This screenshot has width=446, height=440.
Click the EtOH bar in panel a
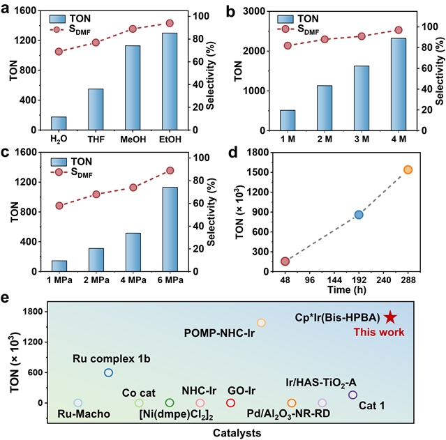pyautogui.click(x=170, y=82)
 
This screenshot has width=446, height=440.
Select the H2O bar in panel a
pyautogui.click(x=59, y=123)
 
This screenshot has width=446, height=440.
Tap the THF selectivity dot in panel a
pyautogui.click(x=96, y=43)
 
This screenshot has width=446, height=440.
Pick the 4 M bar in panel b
pyautogui.click(x=399, y=84)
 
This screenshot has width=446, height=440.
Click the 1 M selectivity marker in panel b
pyautogui.click(x=288, y=45)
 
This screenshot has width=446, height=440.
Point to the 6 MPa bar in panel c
pyautogui.click(x=170, y=229)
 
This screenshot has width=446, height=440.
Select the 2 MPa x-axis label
pyautogui.click(x=96, y=280)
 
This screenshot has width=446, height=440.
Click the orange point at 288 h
pyautogui.click(x=408, y=169)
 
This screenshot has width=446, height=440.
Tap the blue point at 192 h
pyautogui.click(x=359, y=215)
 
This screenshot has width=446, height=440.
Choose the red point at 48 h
pyautogui.click(x=285, y=261)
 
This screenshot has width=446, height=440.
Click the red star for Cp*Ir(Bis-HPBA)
pyautogui.click(x=390, y=317)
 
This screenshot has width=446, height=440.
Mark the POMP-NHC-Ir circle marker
pyautogui.click(x=261, y=323)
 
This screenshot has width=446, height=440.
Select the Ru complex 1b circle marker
pyautogui.click(x=108, y=372)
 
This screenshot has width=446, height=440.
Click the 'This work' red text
pyautogui.click(x=379, y=333)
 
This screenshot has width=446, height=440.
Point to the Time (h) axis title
pyautogui.click(x=347, y=289)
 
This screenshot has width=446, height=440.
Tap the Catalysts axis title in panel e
pyautogui.click(x=237, y=433)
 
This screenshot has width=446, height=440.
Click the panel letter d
pyautogui.click(x=233, y=153)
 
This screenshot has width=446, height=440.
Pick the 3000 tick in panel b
pyautogui.click(x=254, y=11)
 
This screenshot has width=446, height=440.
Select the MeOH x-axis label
pyautogui.click(x=133, y=139)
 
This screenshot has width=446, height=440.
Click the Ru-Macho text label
pyautogui.click(x=84, y=414)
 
